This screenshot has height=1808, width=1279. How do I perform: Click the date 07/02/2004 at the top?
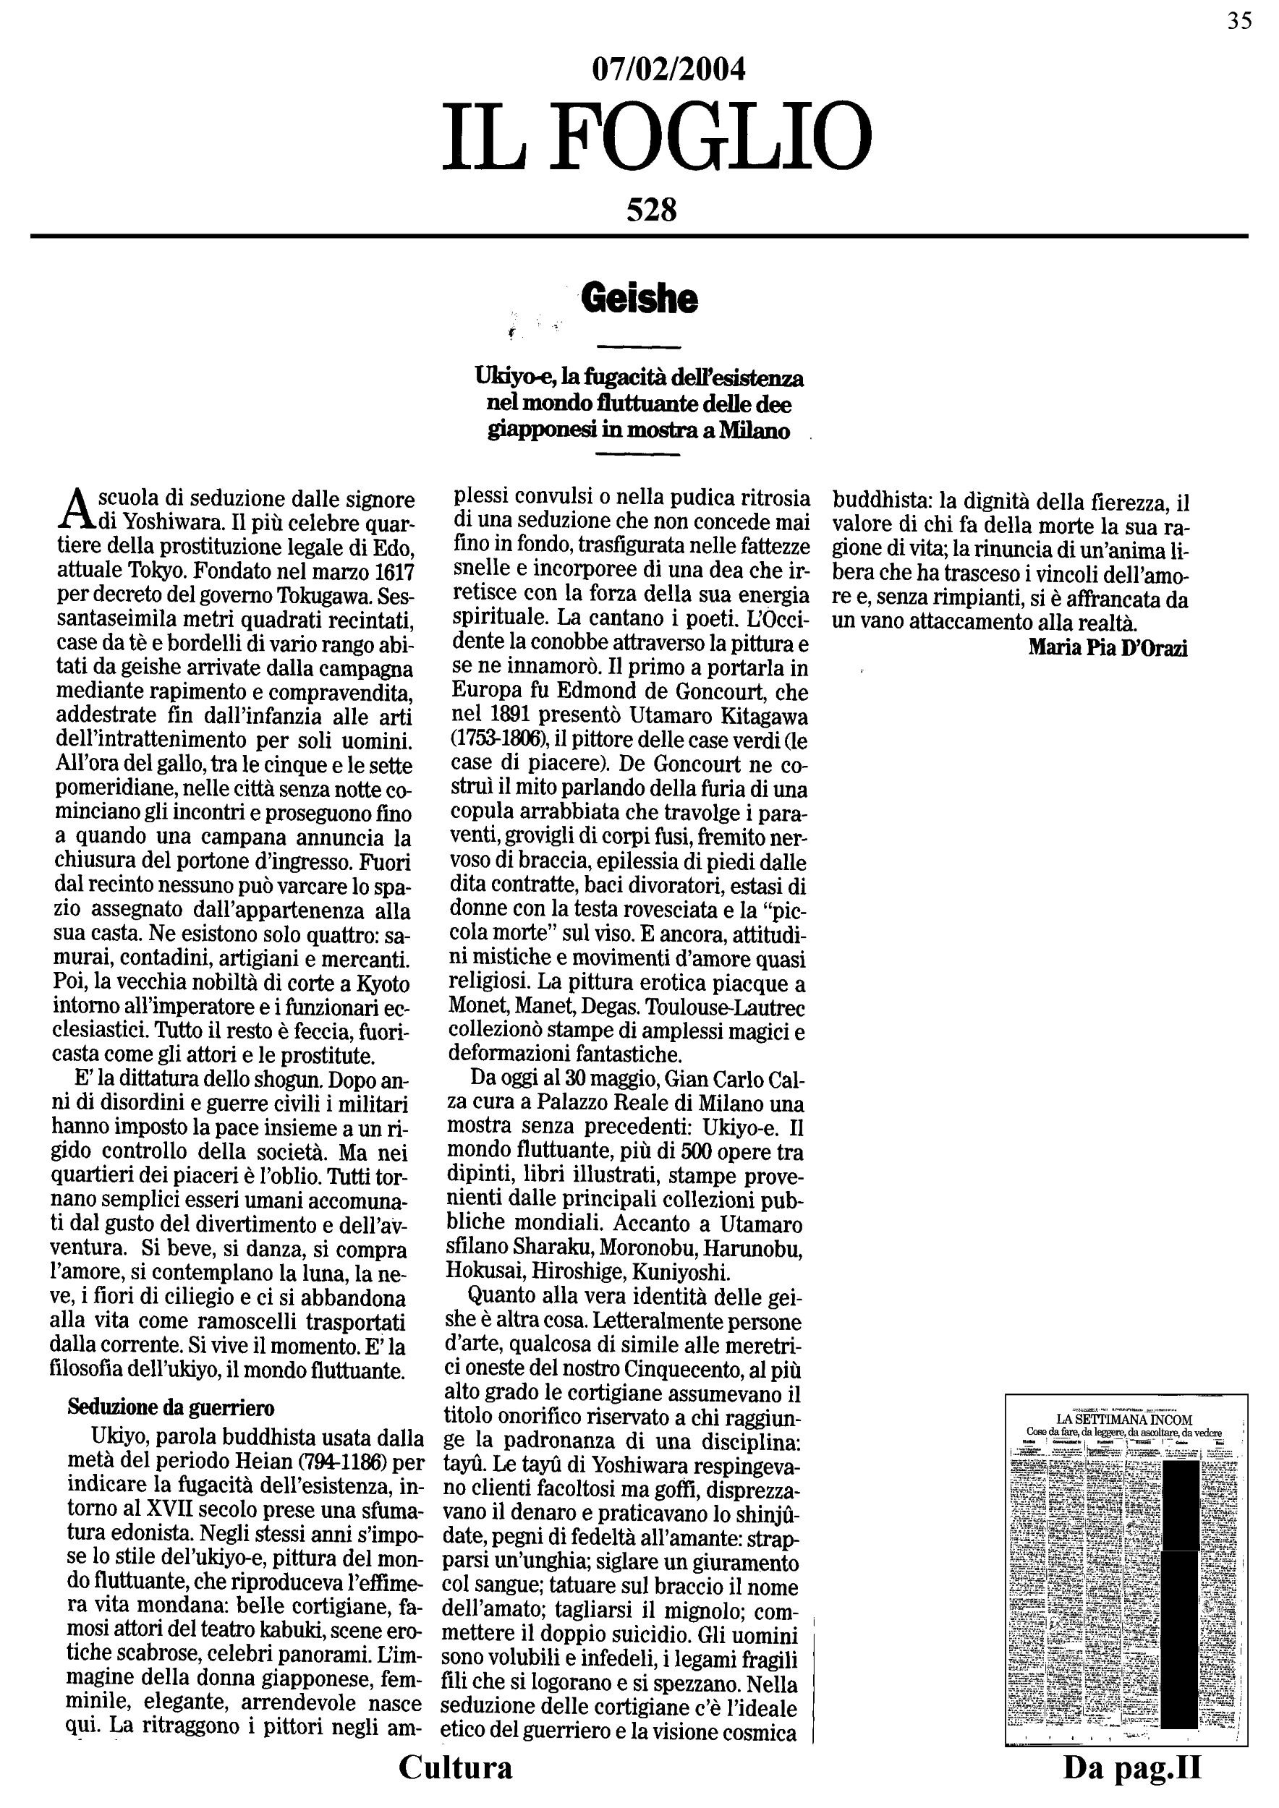point(668,70)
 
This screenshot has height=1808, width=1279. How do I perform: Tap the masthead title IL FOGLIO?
point(657,140)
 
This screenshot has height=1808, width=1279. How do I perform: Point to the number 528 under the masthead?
point(651,210)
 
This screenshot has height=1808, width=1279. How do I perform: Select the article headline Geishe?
point(639,299)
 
